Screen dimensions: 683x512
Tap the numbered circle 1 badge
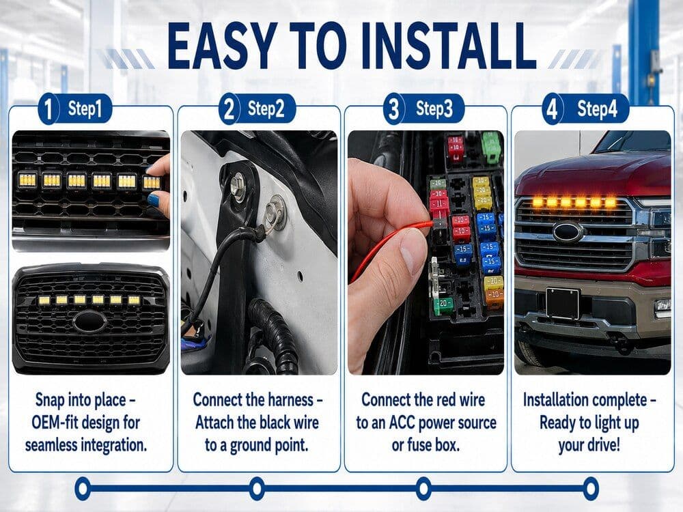coord(48,109)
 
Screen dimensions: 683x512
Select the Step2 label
coord(266,109)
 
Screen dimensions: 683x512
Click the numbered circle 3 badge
coord(393,109)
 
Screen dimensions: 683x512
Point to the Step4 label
coord(597,109)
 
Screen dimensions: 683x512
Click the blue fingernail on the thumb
coord(154,201)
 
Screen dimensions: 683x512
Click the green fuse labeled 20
coord(443,304)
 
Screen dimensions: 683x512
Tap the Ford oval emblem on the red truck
coord(568,232)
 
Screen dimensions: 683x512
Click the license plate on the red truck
coord(562,303)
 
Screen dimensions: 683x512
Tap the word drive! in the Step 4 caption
coord(603,445)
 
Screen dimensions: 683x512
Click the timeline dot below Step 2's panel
coord(257,488)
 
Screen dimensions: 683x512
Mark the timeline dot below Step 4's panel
coord(591,488)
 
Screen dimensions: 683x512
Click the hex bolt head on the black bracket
coord(238,182)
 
